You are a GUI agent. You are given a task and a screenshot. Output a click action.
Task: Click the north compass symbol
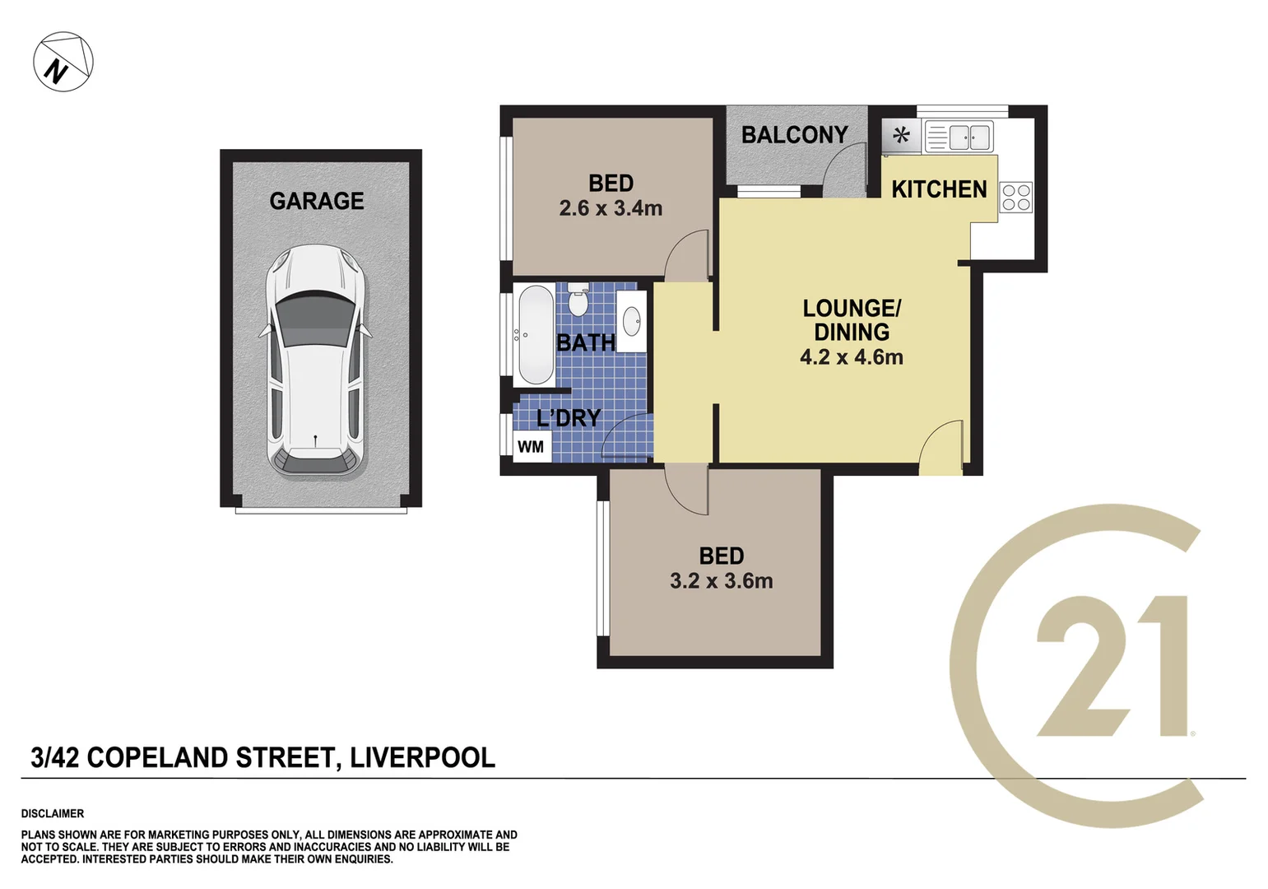pos(63,62)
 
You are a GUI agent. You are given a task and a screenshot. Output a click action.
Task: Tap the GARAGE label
pos(317,201)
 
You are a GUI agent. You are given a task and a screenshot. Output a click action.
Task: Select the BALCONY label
pos(794,135)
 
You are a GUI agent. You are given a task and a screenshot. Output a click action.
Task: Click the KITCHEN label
pos(939,189)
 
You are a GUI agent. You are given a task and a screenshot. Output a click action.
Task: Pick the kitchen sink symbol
pos(959,137)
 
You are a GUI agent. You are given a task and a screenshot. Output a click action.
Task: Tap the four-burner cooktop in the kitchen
pos(1015,198)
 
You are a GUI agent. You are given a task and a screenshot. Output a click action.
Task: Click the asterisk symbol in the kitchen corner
pos(902,135)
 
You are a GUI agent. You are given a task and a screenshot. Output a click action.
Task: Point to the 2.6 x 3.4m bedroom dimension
pos(611,209)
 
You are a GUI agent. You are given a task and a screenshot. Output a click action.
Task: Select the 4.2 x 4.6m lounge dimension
pos(852,357)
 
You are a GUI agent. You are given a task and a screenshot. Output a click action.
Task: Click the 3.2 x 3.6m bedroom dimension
pos(721,581)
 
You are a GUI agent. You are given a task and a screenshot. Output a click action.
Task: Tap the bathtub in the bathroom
pos(535,335)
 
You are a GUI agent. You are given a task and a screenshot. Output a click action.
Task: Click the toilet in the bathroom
pos(578,300)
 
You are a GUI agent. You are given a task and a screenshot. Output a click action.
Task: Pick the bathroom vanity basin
pos(631,322)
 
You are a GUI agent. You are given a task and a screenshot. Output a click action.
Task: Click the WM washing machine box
pos(531,447)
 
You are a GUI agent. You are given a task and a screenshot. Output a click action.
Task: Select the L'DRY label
pos(569,418)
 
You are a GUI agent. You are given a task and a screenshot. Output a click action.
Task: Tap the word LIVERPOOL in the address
pos(422,757)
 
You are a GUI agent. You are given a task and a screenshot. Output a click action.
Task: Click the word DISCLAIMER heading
pos(53,813)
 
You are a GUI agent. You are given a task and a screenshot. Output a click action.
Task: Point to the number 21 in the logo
pos(1111,667)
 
